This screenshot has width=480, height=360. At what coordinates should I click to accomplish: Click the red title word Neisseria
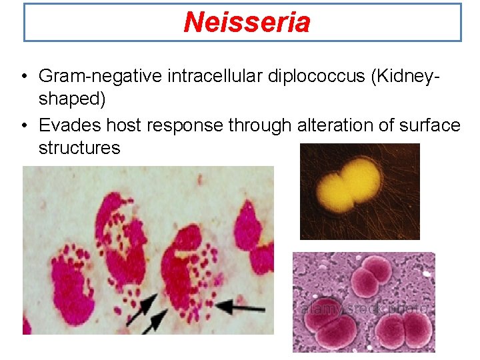pos(247,22)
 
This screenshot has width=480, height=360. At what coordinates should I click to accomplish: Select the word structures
pos(79,147)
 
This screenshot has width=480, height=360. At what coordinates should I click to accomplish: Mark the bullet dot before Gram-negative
pos(23,77)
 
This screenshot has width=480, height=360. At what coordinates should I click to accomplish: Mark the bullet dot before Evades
pos(23,125)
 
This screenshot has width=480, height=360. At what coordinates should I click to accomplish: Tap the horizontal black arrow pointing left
pos(244,308)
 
